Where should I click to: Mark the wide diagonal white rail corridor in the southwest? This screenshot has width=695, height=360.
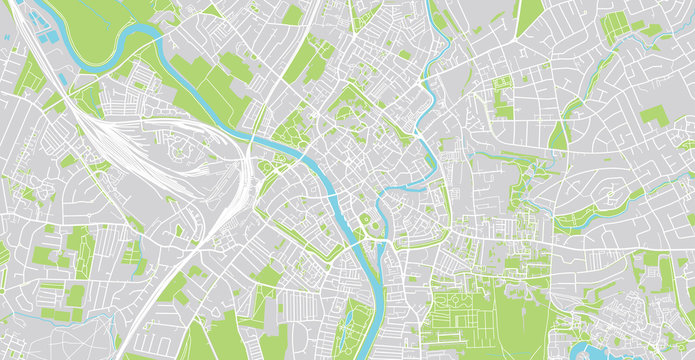click(x=160, y=300)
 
